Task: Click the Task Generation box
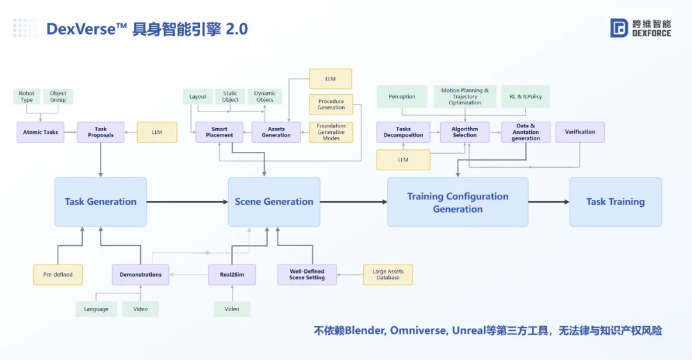click(101, 202)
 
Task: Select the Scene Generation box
click(274, 202)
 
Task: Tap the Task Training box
click(615, 202)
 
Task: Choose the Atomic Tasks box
click(40, 132)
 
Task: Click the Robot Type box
click(27, 97)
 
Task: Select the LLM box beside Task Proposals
click(157, 132)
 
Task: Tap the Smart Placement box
click(219, 132)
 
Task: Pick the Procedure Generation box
click(331, 104)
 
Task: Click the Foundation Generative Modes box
click(331, 132)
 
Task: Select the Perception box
click(402, 97)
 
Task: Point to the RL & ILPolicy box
click(525, 97)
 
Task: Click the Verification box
click(580, 132)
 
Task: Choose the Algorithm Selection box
click(465, 132)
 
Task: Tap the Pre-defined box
click(58, 275)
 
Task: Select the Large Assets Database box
click(388, 275)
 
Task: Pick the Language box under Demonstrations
click(96, 309)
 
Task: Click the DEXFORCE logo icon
click(619, 28)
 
